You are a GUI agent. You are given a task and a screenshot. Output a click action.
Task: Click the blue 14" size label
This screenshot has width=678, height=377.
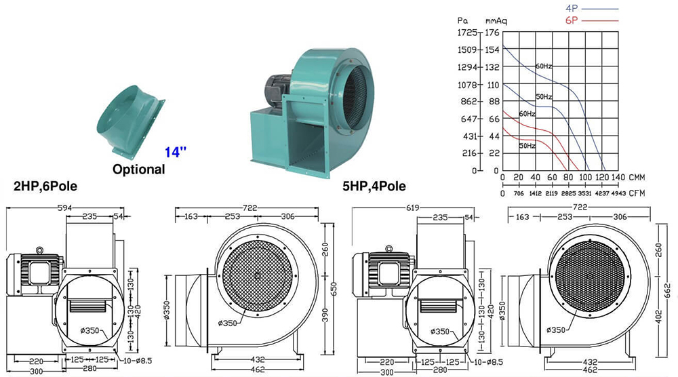click(x=176, y=152)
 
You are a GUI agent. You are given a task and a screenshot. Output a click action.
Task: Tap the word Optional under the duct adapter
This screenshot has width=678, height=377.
click(x=139, y=169)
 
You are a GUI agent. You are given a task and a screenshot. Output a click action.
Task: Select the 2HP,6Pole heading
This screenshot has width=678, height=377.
click(x=45, y=186)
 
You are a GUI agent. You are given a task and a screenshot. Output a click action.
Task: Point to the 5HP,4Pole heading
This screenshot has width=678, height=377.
click(x=374, y=186)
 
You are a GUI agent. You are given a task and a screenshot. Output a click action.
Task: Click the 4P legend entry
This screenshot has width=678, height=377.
click(x=591, y=9)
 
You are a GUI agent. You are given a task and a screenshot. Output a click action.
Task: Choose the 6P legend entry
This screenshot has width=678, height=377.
click(x=591, y=20)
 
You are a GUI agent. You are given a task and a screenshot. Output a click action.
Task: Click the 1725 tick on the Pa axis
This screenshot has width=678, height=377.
click(x=467, y=33)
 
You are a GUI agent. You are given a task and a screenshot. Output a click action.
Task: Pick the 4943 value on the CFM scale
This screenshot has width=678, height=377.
click(x=618, y=193)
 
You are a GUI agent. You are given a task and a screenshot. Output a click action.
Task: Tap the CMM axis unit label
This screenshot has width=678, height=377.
click(x=637, y=177)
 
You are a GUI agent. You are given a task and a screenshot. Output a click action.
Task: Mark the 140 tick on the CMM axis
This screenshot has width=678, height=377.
click(x=618, y=177)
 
